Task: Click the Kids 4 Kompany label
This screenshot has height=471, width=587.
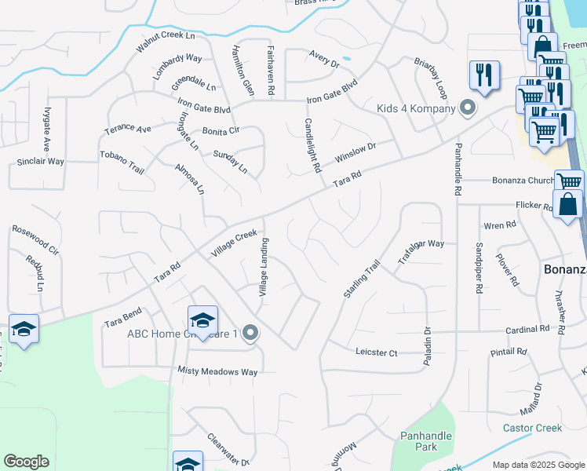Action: coord(415,108)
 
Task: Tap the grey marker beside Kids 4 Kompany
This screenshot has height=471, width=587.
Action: coord(468,108)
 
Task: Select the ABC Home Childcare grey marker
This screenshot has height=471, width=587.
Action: coord(250,334)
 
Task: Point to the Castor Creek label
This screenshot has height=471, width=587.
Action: coord(533,428)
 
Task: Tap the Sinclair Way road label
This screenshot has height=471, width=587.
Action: coord(40,162)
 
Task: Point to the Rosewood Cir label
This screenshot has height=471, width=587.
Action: coord(35,241)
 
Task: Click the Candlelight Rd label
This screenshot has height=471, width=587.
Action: coord(312,146)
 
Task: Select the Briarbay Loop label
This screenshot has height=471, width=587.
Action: coord(431,80)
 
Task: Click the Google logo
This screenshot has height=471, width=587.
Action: coord(26,462)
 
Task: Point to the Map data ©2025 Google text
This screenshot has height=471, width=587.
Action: coord(538,465)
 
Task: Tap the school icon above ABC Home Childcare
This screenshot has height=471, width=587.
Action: coord(202,319)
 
